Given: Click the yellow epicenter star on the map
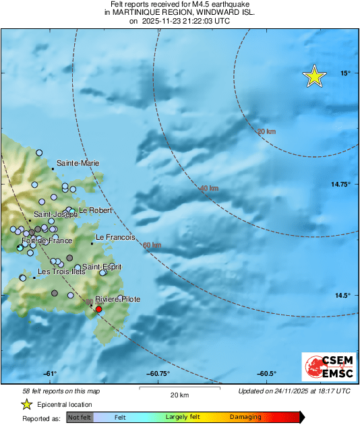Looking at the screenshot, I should point(314,77).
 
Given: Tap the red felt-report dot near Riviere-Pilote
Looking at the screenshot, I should point(98,309).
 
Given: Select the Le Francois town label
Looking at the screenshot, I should point(116,238).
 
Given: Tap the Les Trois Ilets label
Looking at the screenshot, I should point(61,272).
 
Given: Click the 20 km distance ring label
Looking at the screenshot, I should point(266,131).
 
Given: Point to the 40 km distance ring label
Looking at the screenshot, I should point(210,189).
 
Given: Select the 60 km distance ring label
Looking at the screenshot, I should point(152,245).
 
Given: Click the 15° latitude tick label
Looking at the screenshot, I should point(344,73).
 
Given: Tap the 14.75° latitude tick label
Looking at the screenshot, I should point(339,184).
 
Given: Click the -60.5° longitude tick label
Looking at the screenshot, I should point(268,374).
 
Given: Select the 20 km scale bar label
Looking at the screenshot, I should point(179,395).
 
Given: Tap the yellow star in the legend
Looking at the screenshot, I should point(26,404).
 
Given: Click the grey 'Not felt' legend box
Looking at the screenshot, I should point(80,417).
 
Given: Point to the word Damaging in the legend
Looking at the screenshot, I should point(245,417).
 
